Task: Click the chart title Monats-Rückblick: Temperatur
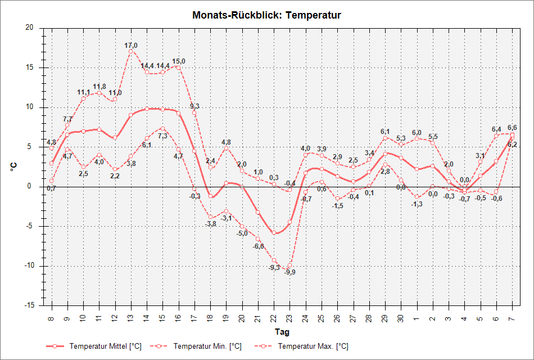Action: tap(266, 15)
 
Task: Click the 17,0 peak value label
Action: tap(131, 46)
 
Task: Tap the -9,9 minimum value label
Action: tap(290, 272)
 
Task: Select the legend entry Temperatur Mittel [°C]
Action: tap(105, 346)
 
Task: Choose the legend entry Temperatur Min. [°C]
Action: tap(207, 346)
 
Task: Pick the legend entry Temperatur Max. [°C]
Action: tap(313, 346)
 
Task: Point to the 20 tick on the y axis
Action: tap(29, 28)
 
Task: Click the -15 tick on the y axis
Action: tap(28, 305)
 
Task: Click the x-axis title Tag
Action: tap(282, 332)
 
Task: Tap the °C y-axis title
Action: tap(13, 166)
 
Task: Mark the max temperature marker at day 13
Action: tap(131, 51)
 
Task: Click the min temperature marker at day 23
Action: tap(289, 265)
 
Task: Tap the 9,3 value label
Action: tap(194, 106)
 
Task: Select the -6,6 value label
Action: tap(259, 246)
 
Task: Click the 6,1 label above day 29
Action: tap(385, 132)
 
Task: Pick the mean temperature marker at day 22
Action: tap(274, 232)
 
